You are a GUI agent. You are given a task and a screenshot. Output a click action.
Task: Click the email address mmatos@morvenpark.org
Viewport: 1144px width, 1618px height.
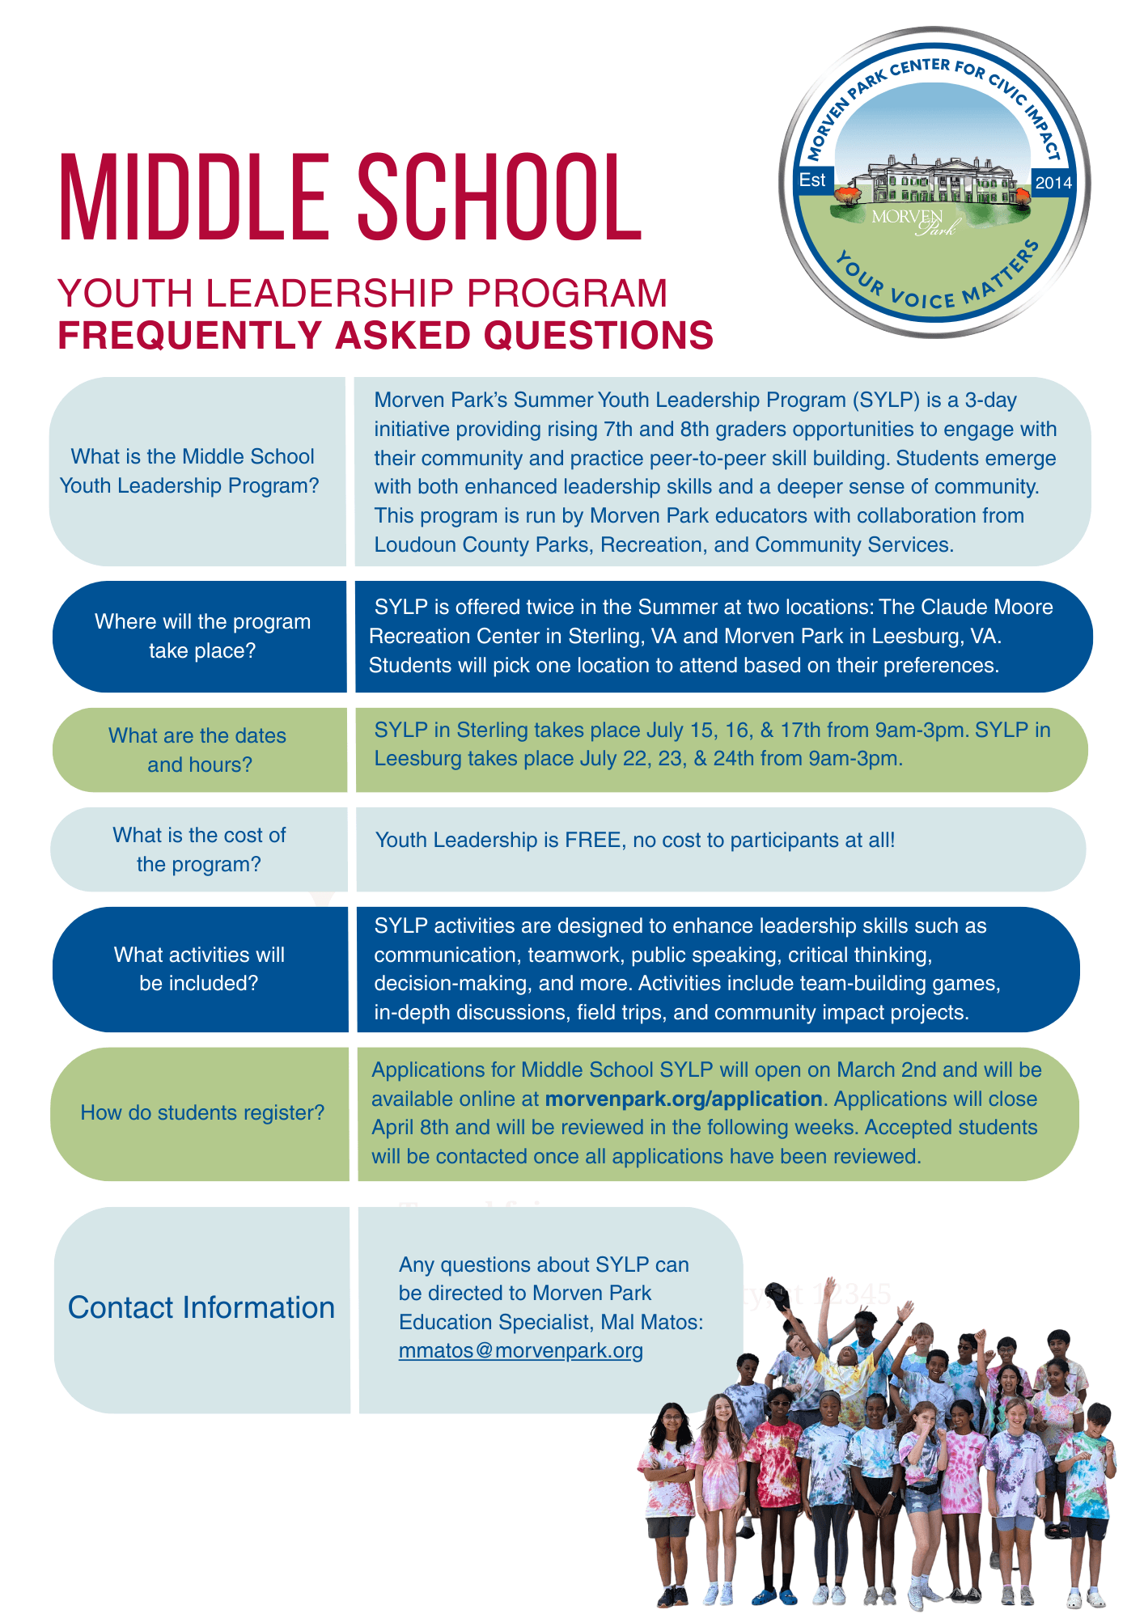[520, 1351]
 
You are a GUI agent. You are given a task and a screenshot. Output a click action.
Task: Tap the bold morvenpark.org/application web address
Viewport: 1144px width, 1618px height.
[684, 1099]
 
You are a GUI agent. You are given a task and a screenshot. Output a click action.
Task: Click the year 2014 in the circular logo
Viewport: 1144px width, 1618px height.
[1053, 183]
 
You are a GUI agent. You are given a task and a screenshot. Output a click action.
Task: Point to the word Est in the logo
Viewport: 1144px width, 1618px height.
[812, 180]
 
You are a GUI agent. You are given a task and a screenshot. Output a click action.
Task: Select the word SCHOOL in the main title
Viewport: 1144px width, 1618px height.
[499, 199]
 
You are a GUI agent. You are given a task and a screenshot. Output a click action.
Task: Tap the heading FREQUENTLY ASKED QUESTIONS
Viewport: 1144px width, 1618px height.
[385, 336]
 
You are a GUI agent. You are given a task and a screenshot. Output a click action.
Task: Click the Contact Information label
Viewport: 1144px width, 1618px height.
[201, 1308]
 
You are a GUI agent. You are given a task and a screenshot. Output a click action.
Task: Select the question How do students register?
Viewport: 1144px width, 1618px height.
[202, 1113]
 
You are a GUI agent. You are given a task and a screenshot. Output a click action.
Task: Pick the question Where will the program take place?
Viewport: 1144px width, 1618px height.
[202, 636]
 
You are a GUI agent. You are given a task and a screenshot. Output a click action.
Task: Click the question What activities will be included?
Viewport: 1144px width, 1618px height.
[199, 969]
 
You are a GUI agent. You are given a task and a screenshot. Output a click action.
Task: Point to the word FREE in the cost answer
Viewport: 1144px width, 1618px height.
[593, 840]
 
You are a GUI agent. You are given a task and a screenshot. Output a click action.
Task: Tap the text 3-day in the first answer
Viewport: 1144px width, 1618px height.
[991, 400]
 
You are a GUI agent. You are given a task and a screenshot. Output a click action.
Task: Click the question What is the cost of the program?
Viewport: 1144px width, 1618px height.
[199, 849]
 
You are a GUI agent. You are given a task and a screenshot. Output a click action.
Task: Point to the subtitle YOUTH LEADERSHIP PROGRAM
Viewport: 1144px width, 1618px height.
[362, 293]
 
